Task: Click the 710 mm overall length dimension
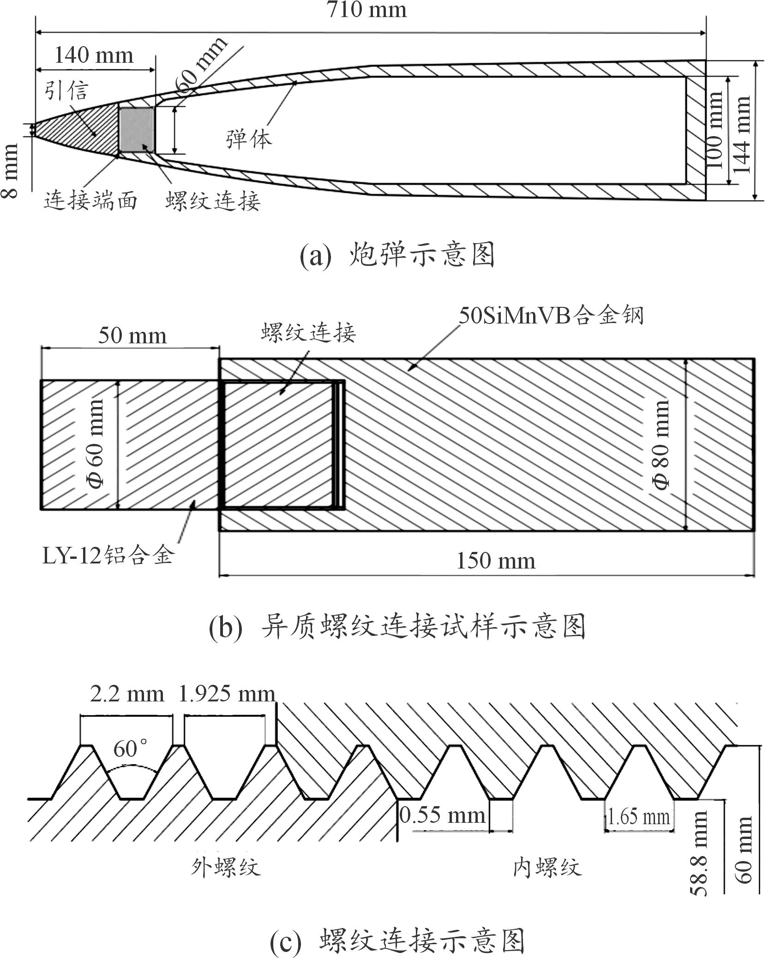pos(367,10)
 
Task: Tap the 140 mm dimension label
pos(94,56)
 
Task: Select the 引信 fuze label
pos(66,90)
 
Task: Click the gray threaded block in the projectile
pos(137,130)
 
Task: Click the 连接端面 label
pos(90,201)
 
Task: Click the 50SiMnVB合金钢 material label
pos(551,316)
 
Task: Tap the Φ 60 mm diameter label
pos(96,444)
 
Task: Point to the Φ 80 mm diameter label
pos(661,445)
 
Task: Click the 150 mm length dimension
pos(496,561)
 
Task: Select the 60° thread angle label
pos(131,748)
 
